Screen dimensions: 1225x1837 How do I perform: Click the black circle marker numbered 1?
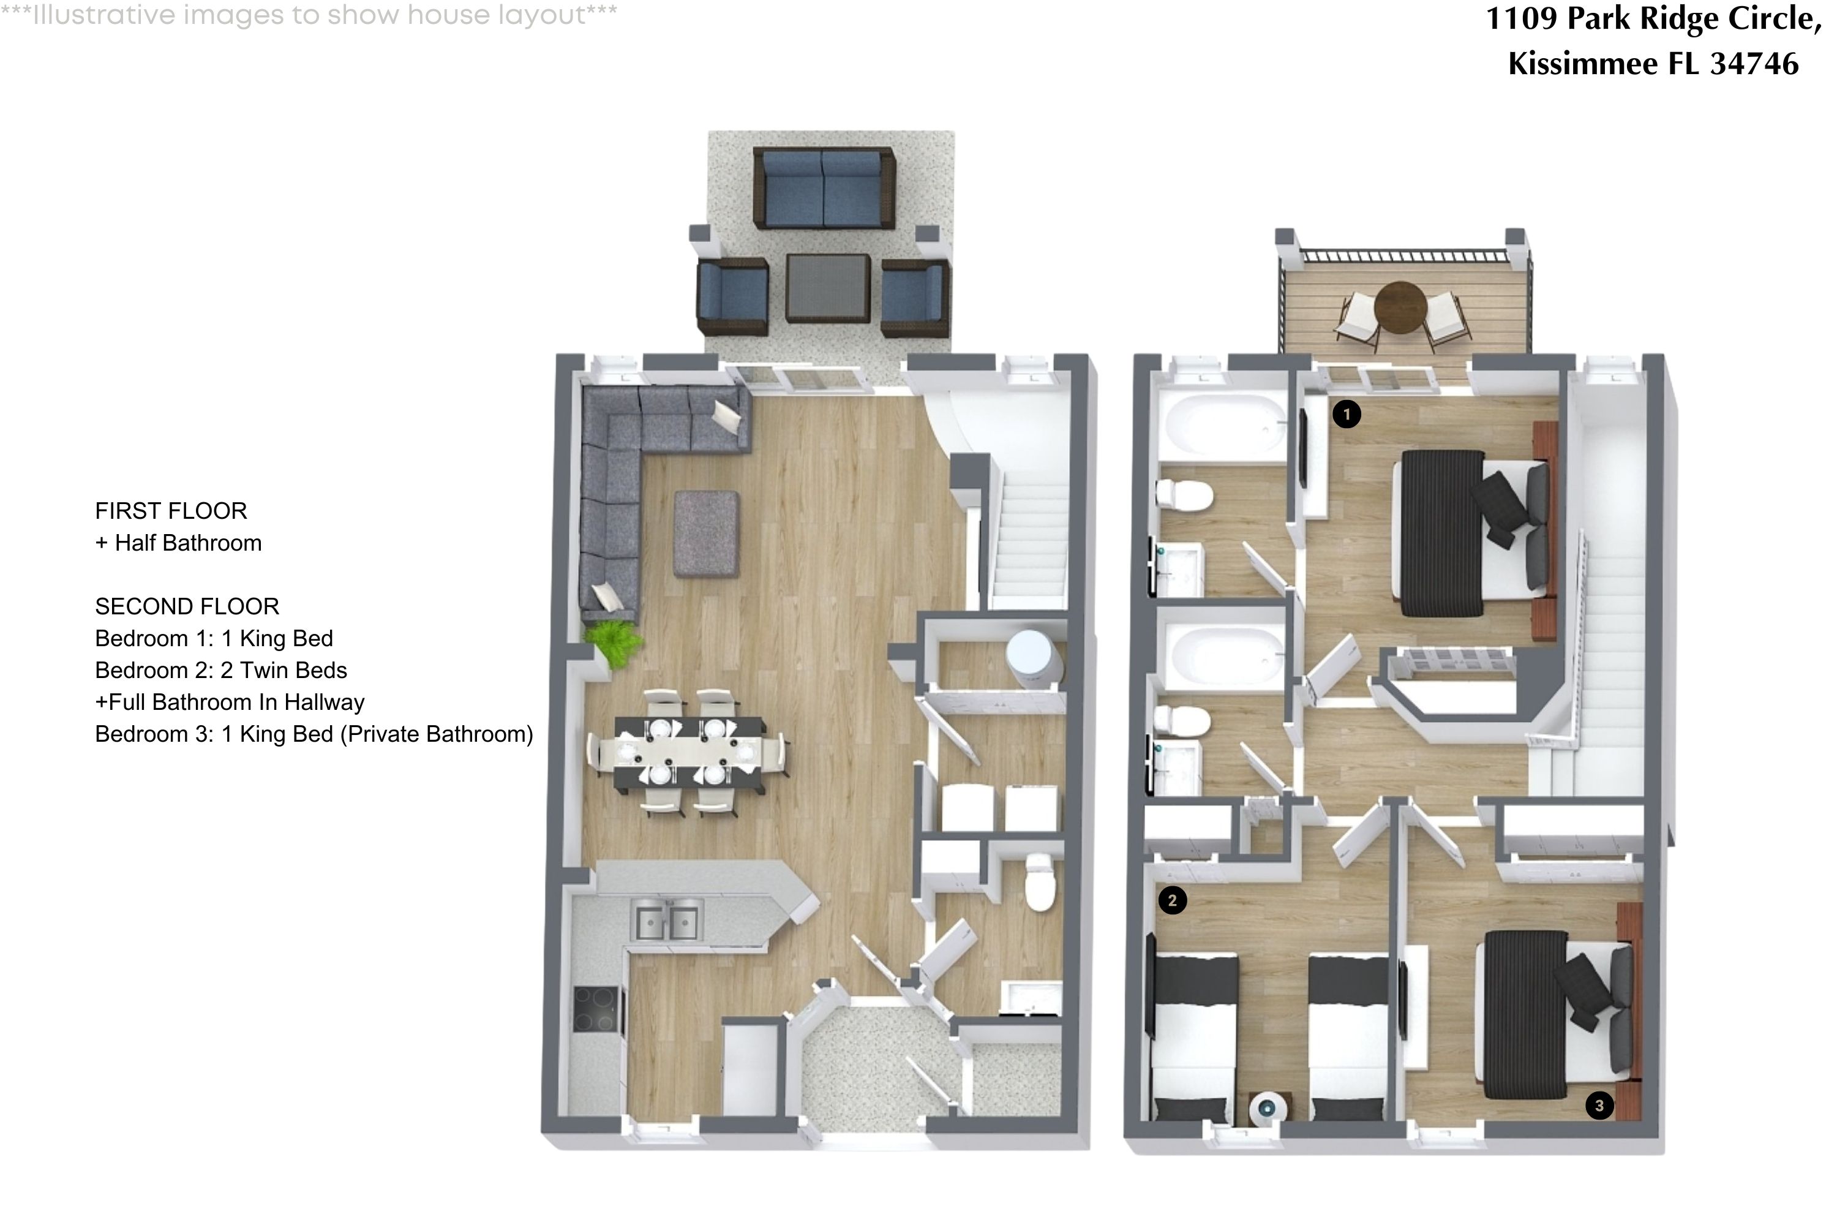point(1346,413)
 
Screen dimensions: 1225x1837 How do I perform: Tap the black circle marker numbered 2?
point(1171,901)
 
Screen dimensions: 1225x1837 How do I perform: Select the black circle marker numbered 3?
point(1599,1106)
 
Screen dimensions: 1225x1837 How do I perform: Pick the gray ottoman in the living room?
point(706,533)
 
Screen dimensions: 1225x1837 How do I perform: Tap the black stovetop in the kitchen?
point(596,1009)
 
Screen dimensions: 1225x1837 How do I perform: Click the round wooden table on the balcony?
point(1400,307)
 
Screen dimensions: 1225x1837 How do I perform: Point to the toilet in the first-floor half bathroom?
point(1040,883)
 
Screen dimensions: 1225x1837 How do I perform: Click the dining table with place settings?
point(689,752)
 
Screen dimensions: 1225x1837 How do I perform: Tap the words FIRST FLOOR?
point(171,511)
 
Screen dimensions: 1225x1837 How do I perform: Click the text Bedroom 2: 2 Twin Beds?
point(221,670)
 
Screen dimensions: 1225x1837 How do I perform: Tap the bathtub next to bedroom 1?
point(1222,426)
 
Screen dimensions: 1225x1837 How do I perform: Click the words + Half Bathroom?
point(179,543)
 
